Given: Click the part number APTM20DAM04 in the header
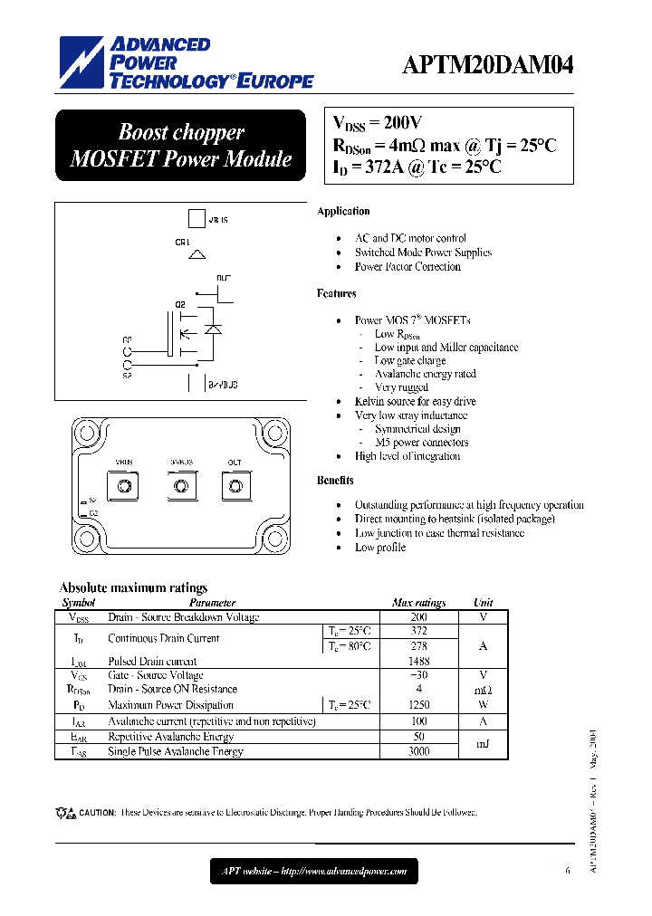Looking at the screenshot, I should (487, 66).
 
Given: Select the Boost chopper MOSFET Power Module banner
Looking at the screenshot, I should (181, 146).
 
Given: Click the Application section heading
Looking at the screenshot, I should (343, 211).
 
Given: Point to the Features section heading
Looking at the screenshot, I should (336, 293).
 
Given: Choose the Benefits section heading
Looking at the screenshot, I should (335, 480).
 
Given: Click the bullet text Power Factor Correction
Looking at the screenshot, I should (407, 267).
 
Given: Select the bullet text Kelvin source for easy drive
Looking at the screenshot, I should (415, 401).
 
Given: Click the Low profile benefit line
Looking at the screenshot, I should (380, 548).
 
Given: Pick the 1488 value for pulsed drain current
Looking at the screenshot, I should (418, 661).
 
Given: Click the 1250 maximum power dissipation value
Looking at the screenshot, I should (418, 705).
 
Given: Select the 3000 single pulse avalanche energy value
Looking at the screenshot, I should (418, 751).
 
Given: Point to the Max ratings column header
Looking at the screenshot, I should (418, 603).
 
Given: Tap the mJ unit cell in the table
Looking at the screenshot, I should (483, 744).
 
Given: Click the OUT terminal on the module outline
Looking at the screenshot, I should (235, 487).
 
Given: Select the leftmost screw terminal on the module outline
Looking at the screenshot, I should (124, 487).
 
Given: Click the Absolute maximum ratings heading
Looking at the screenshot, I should (133, 587).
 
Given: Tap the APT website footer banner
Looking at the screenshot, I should (315, 873).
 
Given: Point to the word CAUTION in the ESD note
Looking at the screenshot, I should (97, 813).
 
